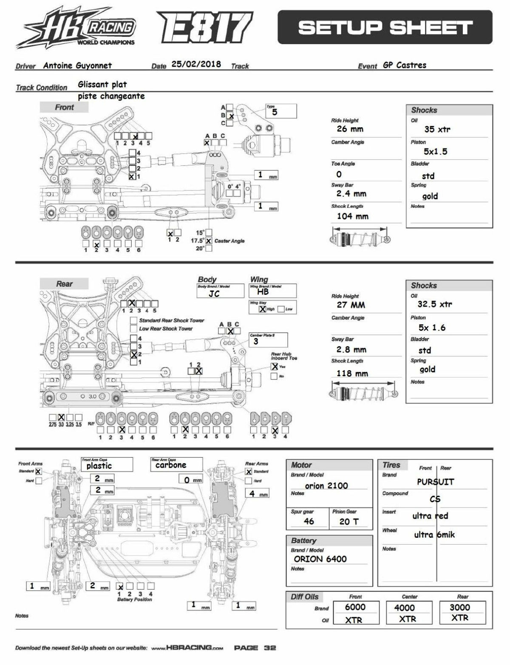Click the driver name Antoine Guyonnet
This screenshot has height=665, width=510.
pyautogui.click(x=77, y=65)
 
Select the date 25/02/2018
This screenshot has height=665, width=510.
pyautogui.click(x=196, y=64)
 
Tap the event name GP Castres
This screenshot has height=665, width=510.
pyautogui.click(x=404, y=65)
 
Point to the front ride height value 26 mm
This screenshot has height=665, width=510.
pyautogui.click(x=349, y=129)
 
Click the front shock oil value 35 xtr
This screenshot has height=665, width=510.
pyautogui.click(x=437, y=129)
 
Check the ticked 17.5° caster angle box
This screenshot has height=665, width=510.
pyautogui.click(x=209, y=241)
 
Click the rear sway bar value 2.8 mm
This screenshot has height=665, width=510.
pyautogui.click(x=351, y=349)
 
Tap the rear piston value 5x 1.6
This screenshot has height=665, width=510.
pyautogui.click(x=432, y=328)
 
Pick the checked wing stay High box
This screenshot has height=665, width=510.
pyautogui.click(x=263, y=309)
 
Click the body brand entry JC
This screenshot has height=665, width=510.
pyautogui.click(x=214, y=294)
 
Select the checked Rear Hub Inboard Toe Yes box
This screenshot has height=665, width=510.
pyautogui.click(x=275, y=366)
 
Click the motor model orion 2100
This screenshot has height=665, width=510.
pyautogui.click(x=326, y=485)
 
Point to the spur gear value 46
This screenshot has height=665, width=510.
pyautogui.click(x=309, y=521)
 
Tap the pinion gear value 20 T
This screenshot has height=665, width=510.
pyautogui.click(x=349, y=521)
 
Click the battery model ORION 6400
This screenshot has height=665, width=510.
pyautogui.click(x=320, y=559)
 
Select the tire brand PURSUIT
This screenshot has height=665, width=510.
pyautogui.click(x=435, y=482)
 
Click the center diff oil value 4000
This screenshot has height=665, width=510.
pyautogui.click(x=404, y=608)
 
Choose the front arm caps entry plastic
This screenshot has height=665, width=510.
pyautogui.click(x=99, y=466)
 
